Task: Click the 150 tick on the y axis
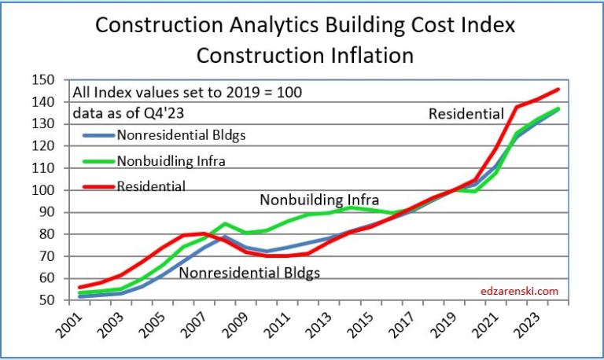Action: point(53,80)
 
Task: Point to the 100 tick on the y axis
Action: point(53,190)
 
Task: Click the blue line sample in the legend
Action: point(98,134)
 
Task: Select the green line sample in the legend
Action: point(98,161)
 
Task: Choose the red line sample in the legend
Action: point(98,186)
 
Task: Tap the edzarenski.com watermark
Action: point(518,291)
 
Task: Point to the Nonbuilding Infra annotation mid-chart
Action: point(309,200)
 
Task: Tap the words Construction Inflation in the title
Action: point(304,56)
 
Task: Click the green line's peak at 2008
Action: point(224,224)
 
